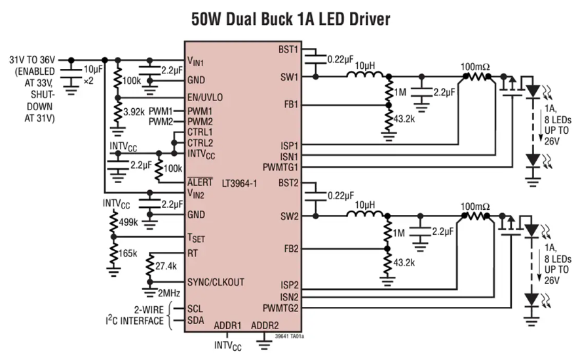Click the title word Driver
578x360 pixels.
coord(370,18)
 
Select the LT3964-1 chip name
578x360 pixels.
coord(239,184)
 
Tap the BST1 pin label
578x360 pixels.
coord(288,49)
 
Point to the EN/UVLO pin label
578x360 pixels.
coord(205,97)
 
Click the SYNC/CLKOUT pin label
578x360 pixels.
coord(216,282)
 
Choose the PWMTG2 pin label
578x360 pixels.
coord(280,308)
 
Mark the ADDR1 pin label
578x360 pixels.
coord(227,326)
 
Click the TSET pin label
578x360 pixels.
coord(196,238)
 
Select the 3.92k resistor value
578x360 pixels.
coord(134,111)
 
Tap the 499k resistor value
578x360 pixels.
coord(128,222)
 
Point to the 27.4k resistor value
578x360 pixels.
coord(166,266)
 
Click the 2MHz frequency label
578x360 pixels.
coord(169,293)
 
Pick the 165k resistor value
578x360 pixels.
coord(128,253)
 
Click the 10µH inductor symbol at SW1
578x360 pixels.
coord(365,75)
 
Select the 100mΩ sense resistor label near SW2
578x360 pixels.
coord(475,207)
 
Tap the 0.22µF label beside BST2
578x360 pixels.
coord(341,195)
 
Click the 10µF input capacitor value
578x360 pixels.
coord(93,69)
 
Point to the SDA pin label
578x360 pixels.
coord(195,320)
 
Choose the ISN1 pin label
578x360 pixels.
coord(289,157)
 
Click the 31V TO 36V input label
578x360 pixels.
coord(32,60)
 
